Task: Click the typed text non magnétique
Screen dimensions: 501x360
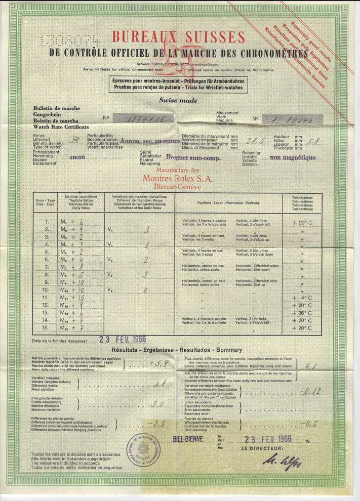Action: pyautogui.click(x=293, y=157)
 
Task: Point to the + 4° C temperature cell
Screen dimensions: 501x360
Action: pyautogui.click(x=302, y=298)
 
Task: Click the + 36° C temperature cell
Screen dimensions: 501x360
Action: pyautogui.click(x=302, y=313)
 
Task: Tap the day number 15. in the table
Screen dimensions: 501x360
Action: pyautogui.click(x=48, y=328)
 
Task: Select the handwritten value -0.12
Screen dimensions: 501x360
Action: pyautogui.click(x=309, y=391)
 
